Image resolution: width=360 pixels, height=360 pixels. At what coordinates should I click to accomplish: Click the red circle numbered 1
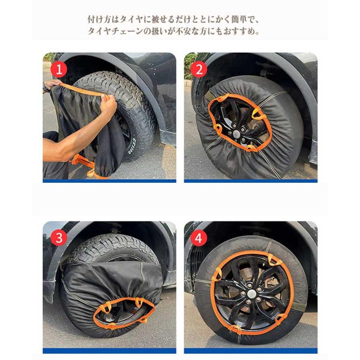click(59, 69)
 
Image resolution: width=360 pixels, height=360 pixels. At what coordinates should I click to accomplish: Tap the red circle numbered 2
click(199, 69)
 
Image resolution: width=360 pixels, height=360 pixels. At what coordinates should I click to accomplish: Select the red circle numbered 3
click(59, 238)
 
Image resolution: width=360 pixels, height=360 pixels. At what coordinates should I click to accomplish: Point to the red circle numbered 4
click(199, 238)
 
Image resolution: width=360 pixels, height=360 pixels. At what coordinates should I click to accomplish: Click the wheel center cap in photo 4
click(252, 293)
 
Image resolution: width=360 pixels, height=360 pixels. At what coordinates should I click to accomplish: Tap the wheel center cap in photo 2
click(236, 133)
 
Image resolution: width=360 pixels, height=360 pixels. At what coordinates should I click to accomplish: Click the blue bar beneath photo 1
click(110, 181)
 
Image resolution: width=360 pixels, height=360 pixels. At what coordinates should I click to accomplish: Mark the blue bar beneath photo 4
click(251, 351)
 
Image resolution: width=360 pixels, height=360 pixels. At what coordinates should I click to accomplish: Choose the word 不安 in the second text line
click(184, 31)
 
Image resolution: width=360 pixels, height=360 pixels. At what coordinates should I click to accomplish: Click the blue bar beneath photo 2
click(251, 181)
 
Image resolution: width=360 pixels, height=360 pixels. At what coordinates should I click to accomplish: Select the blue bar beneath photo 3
click(110, 351)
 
